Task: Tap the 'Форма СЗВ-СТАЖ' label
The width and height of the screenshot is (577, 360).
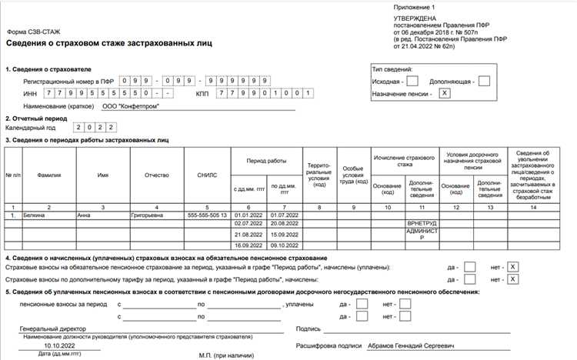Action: point(34,32)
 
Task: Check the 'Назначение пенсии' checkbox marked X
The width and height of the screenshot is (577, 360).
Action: point(445,93)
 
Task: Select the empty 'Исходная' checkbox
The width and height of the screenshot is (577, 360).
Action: point(412,80)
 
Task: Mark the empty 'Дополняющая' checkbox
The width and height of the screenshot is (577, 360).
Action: point(484,80)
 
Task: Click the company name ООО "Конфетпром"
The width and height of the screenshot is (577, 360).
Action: point(131,106)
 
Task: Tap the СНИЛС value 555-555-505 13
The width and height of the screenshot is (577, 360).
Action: point(207,215)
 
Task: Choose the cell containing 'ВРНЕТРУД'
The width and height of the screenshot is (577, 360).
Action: point(421,223)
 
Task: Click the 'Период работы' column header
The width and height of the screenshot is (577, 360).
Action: point(266,162)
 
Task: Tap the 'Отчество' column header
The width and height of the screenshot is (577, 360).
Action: point(156,175)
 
